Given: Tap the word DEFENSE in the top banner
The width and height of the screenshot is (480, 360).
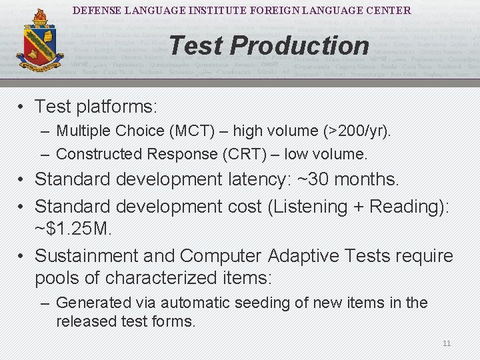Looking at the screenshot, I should pyautogui.click(x=94, y=11).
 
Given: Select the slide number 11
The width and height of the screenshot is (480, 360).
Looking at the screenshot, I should pyautogui.click(x=447, y=343).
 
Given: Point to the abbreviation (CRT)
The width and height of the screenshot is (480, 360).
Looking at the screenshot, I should pyautogui.click(x=248, y=154).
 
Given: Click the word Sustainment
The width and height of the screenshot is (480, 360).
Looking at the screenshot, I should pyautogui.click(x=87, y=256).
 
